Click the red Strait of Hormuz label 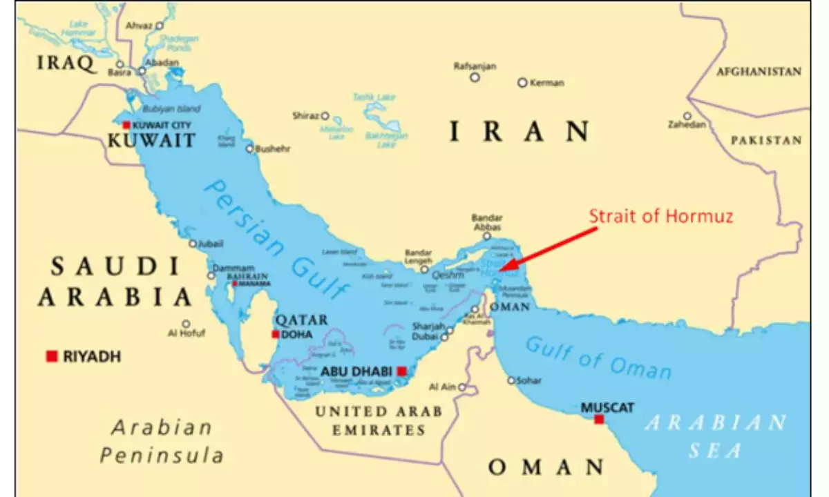pyautogui.click(x=661, y=216)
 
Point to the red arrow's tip pyautogui.click(x=500, y=270)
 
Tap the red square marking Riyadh pyautogui.click(x=51, y=356)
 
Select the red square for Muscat pyautogui.click(x=599, y=419)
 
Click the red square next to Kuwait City pyautogui.click(x=126, y=125)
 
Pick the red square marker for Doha pyautogui.click(x=276, y=335)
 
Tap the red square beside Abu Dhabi pyautogui.click(x=401, y=371)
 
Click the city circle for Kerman pyautogui.click(x=522, y=82)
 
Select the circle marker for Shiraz pyautogui.click(x=325, y=116)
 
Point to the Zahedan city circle pyautogui.click(x=687, y=116)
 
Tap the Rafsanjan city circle pyautogui.click(x=475, y=77)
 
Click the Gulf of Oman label pyautogui.click(x=598, y=358)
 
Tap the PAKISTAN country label pyautogui.click(x=767, y=140)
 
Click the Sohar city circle pyautogui.click(x=512, y=380)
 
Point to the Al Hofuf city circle pyautogui.click(x=186, y=323)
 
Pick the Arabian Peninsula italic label pyautogui.click(x=162, y=441)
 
